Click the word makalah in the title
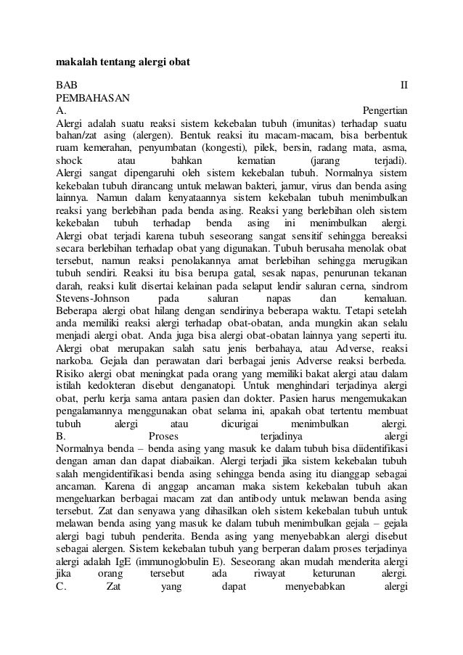75,62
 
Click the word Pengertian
385,110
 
